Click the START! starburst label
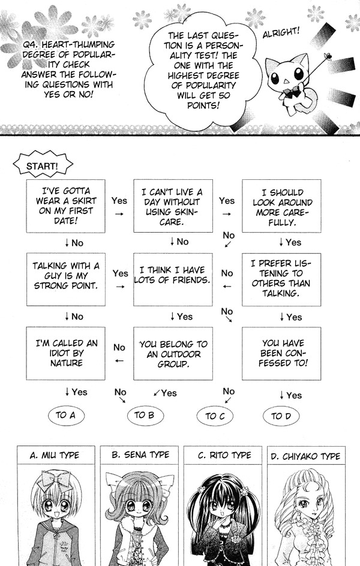(43, 165)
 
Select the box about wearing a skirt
(65, 206)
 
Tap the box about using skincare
(172, 206)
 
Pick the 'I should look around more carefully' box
(281, 206)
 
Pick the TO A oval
(65, 415)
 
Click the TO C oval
(215, 416)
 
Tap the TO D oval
(281, 416)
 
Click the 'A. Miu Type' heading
(55, 456)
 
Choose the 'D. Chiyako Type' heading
(305, 456)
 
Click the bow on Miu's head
(54, 480)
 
